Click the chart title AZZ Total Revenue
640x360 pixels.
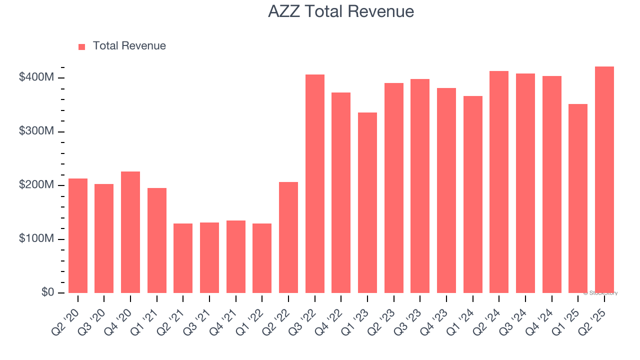[x=341, y=11]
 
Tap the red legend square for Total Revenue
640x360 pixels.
[x=82, y=46]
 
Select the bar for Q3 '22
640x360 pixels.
[x=315, y=183]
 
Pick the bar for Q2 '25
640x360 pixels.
[x=604, y=179]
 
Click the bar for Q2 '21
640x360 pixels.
[x=183, y=258]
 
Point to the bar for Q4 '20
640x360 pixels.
[x=130, y=232]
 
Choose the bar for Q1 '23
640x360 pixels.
[x=367, y=202]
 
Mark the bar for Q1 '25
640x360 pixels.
[x=578, y=198]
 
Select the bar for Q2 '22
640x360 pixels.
[x=288, y=237]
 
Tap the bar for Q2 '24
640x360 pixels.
[x=499, y=182]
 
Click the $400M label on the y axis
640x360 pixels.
[x=36, y=77]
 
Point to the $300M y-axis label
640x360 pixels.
[x=36, y=131]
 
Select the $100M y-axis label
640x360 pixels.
[x=36, y=239]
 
